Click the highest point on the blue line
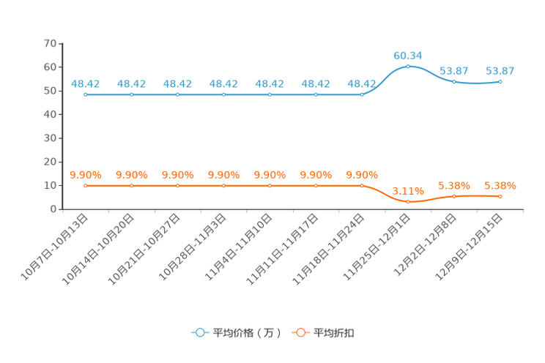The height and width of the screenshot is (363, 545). [x=408, y=67]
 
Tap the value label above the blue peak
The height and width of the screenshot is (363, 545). [x=408, y=55]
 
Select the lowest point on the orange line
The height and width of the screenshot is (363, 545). [x=408, y=202]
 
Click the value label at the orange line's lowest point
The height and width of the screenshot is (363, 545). [x=408, y=192]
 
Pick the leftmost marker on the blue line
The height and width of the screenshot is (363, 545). [x=86, y=95]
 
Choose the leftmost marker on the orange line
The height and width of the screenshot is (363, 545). [x=86, y=186]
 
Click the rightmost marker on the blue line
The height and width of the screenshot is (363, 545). [x=500, y=81]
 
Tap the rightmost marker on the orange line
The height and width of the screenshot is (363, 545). [x=500, y=196]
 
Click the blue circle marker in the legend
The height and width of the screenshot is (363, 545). [x=199, y=333]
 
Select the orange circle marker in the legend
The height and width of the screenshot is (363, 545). [x=300, y=333]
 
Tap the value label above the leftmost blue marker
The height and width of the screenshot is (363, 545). [x=86, y=83]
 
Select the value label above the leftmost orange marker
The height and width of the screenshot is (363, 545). [x=86, y=174]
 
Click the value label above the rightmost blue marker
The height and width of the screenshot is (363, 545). [x=500, y=71]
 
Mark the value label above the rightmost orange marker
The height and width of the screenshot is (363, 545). [x=500, y=186]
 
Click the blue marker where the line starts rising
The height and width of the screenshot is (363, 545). [x=362, y=95]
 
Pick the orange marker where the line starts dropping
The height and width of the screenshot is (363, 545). [x=362, y=186]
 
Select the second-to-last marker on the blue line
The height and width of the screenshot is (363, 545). [x=454, y=81]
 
